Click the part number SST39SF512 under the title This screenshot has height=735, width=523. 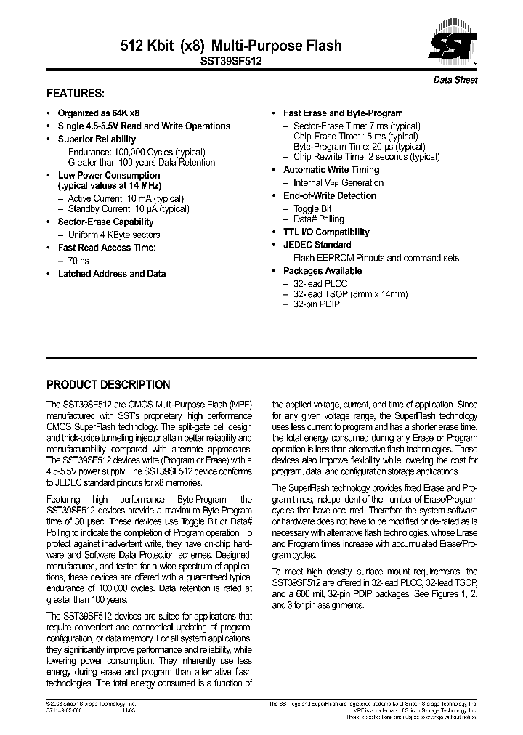pos(231,62)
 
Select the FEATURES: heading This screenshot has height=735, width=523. pos(76,94)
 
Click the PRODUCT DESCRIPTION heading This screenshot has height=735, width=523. pos(108,385)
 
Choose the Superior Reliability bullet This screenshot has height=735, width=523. pos(97,139)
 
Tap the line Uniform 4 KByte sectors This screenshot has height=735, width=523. pos(114,235)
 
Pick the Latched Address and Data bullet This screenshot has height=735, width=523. pos(112,274)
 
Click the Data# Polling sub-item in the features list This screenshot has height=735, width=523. pos(319,219)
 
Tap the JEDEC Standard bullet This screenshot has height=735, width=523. pos(317,245)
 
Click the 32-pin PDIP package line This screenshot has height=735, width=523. pos(316,304)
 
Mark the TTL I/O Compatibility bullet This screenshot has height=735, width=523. pos(326,232)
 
